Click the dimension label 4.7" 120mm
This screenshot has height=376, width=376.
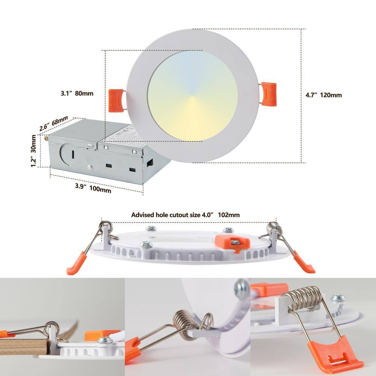pyautogui.click(x=323, y=95)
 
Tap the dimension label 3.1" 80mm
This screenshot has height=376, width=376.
pyautogui.click(x=77, y=93)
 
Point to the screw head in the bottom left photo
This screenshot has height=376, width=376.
pyautogui.click(x=104, y=341)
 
